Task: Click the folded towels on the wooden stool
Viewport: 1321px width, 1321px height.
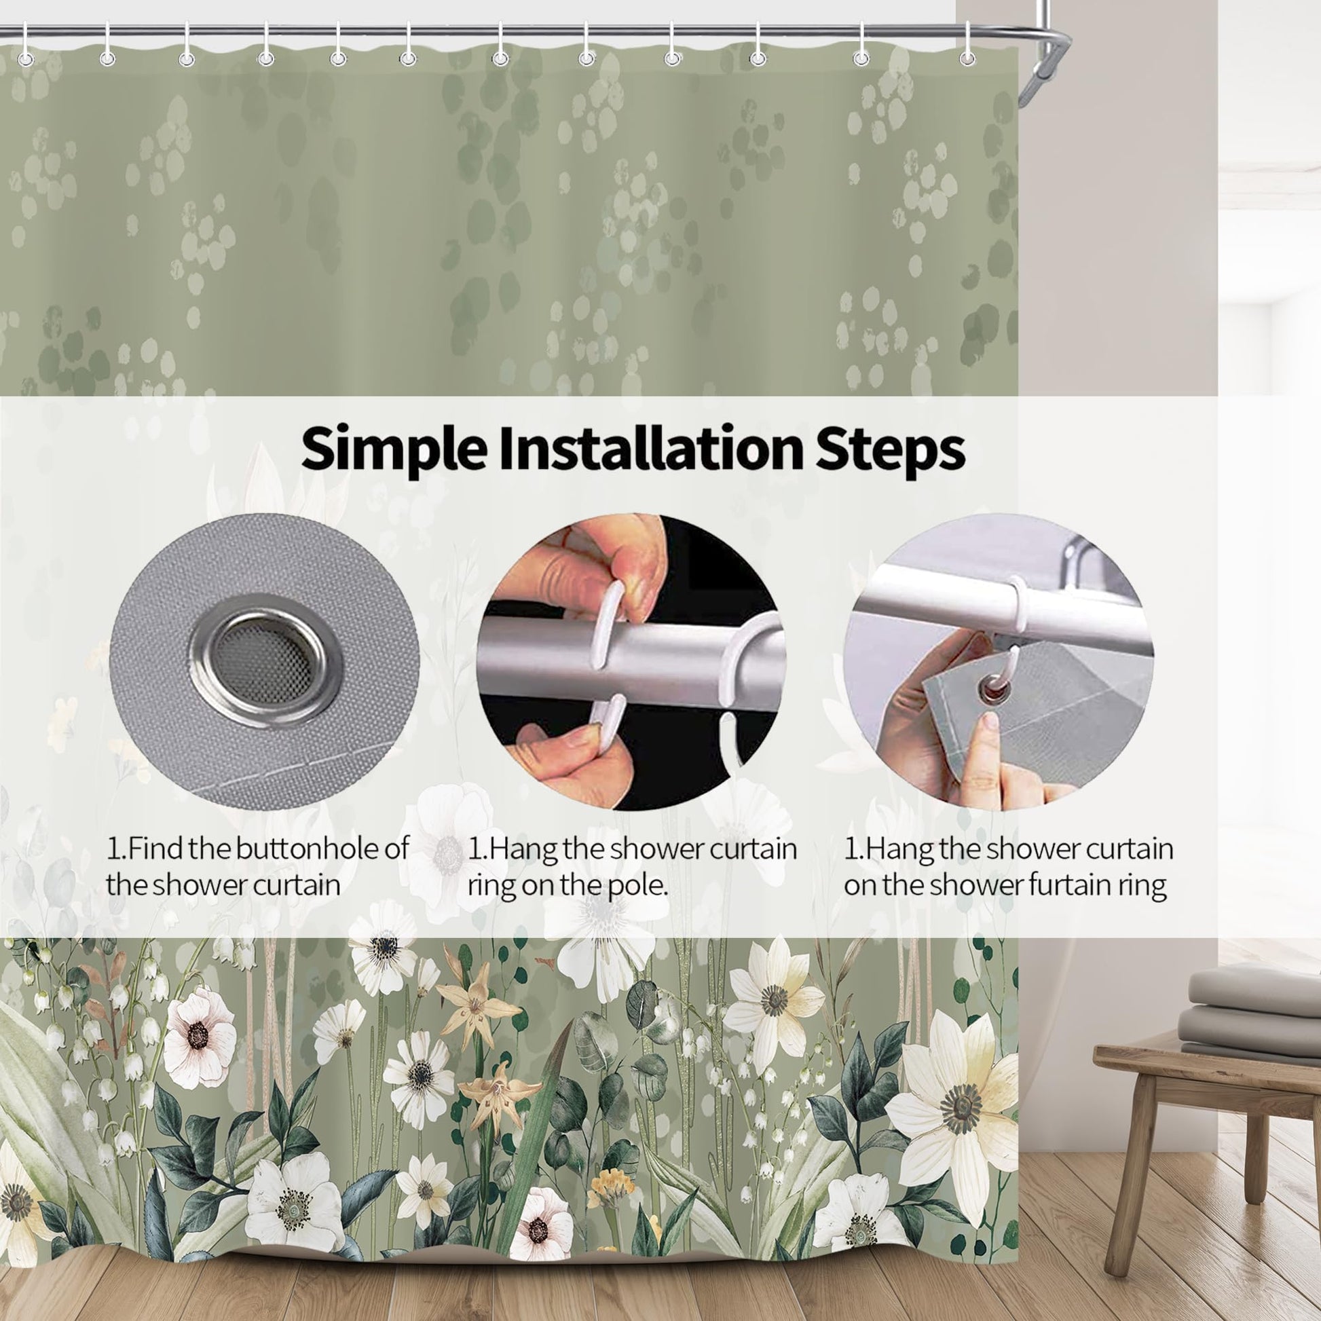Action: pos(1252,1023)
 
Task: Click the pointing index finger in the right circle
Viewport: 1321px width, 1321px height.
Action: pos(981,759)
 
